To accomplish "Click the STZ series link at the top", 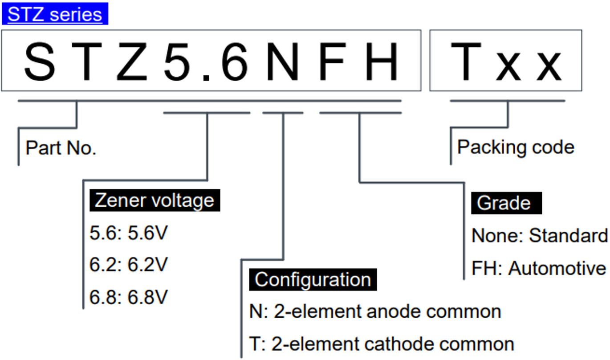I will [x=55, y=14].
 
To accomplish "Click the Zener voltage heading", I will [x=155, y=200].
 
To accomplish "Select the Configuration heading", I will [x=313, y=280].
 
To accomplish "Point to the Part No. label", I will [x=61, y=148].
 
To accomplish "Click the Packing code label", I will [x=516, y=147].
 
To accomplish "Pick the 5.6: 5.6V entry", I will [x=128, y=233].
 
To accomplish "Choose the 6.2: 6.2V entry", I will [x=128, y=265].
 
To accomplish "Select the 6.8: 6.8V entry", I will [x=128, y=298].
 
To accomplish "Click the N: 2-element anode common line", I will [x=375, y=311].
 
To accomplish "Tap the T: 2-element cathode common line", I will [x=382, y=344].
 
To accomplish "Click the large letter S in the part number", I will [x=40, y=61].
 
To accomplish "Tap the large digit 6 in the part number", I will [x=232, y=61].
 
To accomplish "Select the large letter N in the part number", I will [x=282, y=61].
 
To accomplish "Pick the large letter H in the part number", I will [x=382, y=61].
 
